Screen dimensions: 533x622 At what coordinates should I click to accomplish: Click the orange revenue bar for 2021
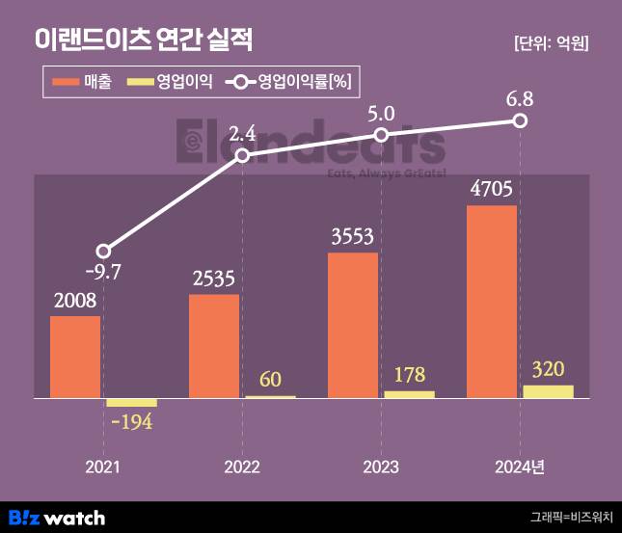tap(75, 357)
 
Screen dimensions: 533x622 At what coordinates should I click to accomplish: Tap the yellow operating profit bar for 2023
tap(409, 394)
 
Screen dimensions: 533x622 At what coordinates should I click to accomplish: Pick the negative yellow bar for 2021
tap(131, 402)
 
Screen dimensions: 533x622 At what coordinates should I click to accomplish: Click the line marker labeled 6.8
tap(520, 120)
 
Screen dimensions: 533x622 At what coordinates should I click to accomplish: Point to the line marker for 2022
tap(242, 155)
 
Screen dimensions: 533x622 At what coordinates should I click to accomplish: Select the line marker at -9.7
tap(104, 251)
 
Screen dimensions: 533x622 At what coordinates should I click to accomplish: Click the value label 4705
tap(492, 188)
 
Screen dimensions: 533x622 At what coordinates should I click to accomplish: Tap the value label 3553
tap(353, 237)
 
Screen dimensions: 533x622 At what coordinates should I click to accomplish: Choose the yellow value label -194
tap(132, 422)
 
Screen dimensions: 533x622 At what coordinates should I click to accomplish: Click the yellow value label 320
tap(548, 369)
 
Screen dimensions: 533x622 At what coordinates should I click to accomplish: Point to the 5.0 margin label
tap(382, 114)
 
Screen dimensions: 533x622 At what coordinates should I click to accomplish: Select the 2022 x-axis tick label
tap(242, 467)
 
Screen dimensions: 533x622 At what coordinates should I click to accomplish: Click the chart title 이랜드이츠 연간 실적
tap(144, 40)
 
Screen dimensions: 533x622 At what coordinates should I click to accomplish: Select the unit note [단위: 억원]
tap(551, 43)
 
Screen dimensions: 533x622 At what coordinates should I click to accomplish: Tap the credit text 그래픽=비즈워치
tap(571, 518)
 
